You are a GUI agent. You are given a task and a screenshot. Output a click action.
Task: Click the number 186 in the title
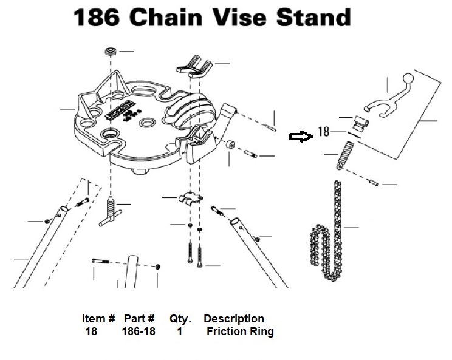[97, 17]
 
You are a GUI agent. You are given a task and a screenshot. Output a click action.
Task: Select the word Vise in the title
[239, 17]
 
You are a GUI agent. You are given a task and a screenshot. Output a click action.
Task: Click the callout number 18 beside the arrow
[324, 132]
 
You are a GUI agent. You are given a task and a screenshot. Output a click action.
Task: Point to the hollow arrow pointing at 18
[301, 136]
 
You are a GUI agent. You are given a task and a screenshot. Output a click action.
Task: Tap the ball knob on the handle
[408, 78]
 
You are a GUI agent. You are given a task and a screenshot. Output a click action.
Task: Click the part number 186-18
[139, 331]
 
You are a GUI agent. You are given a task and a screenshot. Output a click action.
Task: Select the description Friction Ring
[240, 331]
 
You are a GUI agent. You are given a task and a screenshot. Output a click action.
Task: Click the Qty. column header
[180, 319]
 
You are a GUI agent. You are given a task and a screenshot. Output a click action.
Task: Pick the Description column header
[234, 319]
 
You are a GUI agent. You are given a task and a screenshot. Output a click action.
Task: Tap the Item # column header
[98, 319]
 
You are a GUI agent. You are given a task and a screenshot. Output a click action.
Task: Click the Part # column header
[139, 319]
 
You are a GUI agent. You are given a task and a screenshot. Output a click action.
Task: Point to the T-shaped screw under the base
[109, 211]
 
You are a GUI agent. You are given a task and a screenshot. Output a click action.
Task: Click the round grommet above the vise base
[110, 52]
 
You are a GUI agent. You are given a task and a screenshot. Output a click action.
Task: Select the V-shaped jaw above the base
[194, 66]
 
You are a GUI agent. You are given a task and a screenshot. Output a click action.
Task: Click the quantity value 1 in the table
[180, 332]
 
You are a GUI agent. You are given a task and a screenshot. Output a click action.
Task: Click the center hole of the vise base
[150, 123]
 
